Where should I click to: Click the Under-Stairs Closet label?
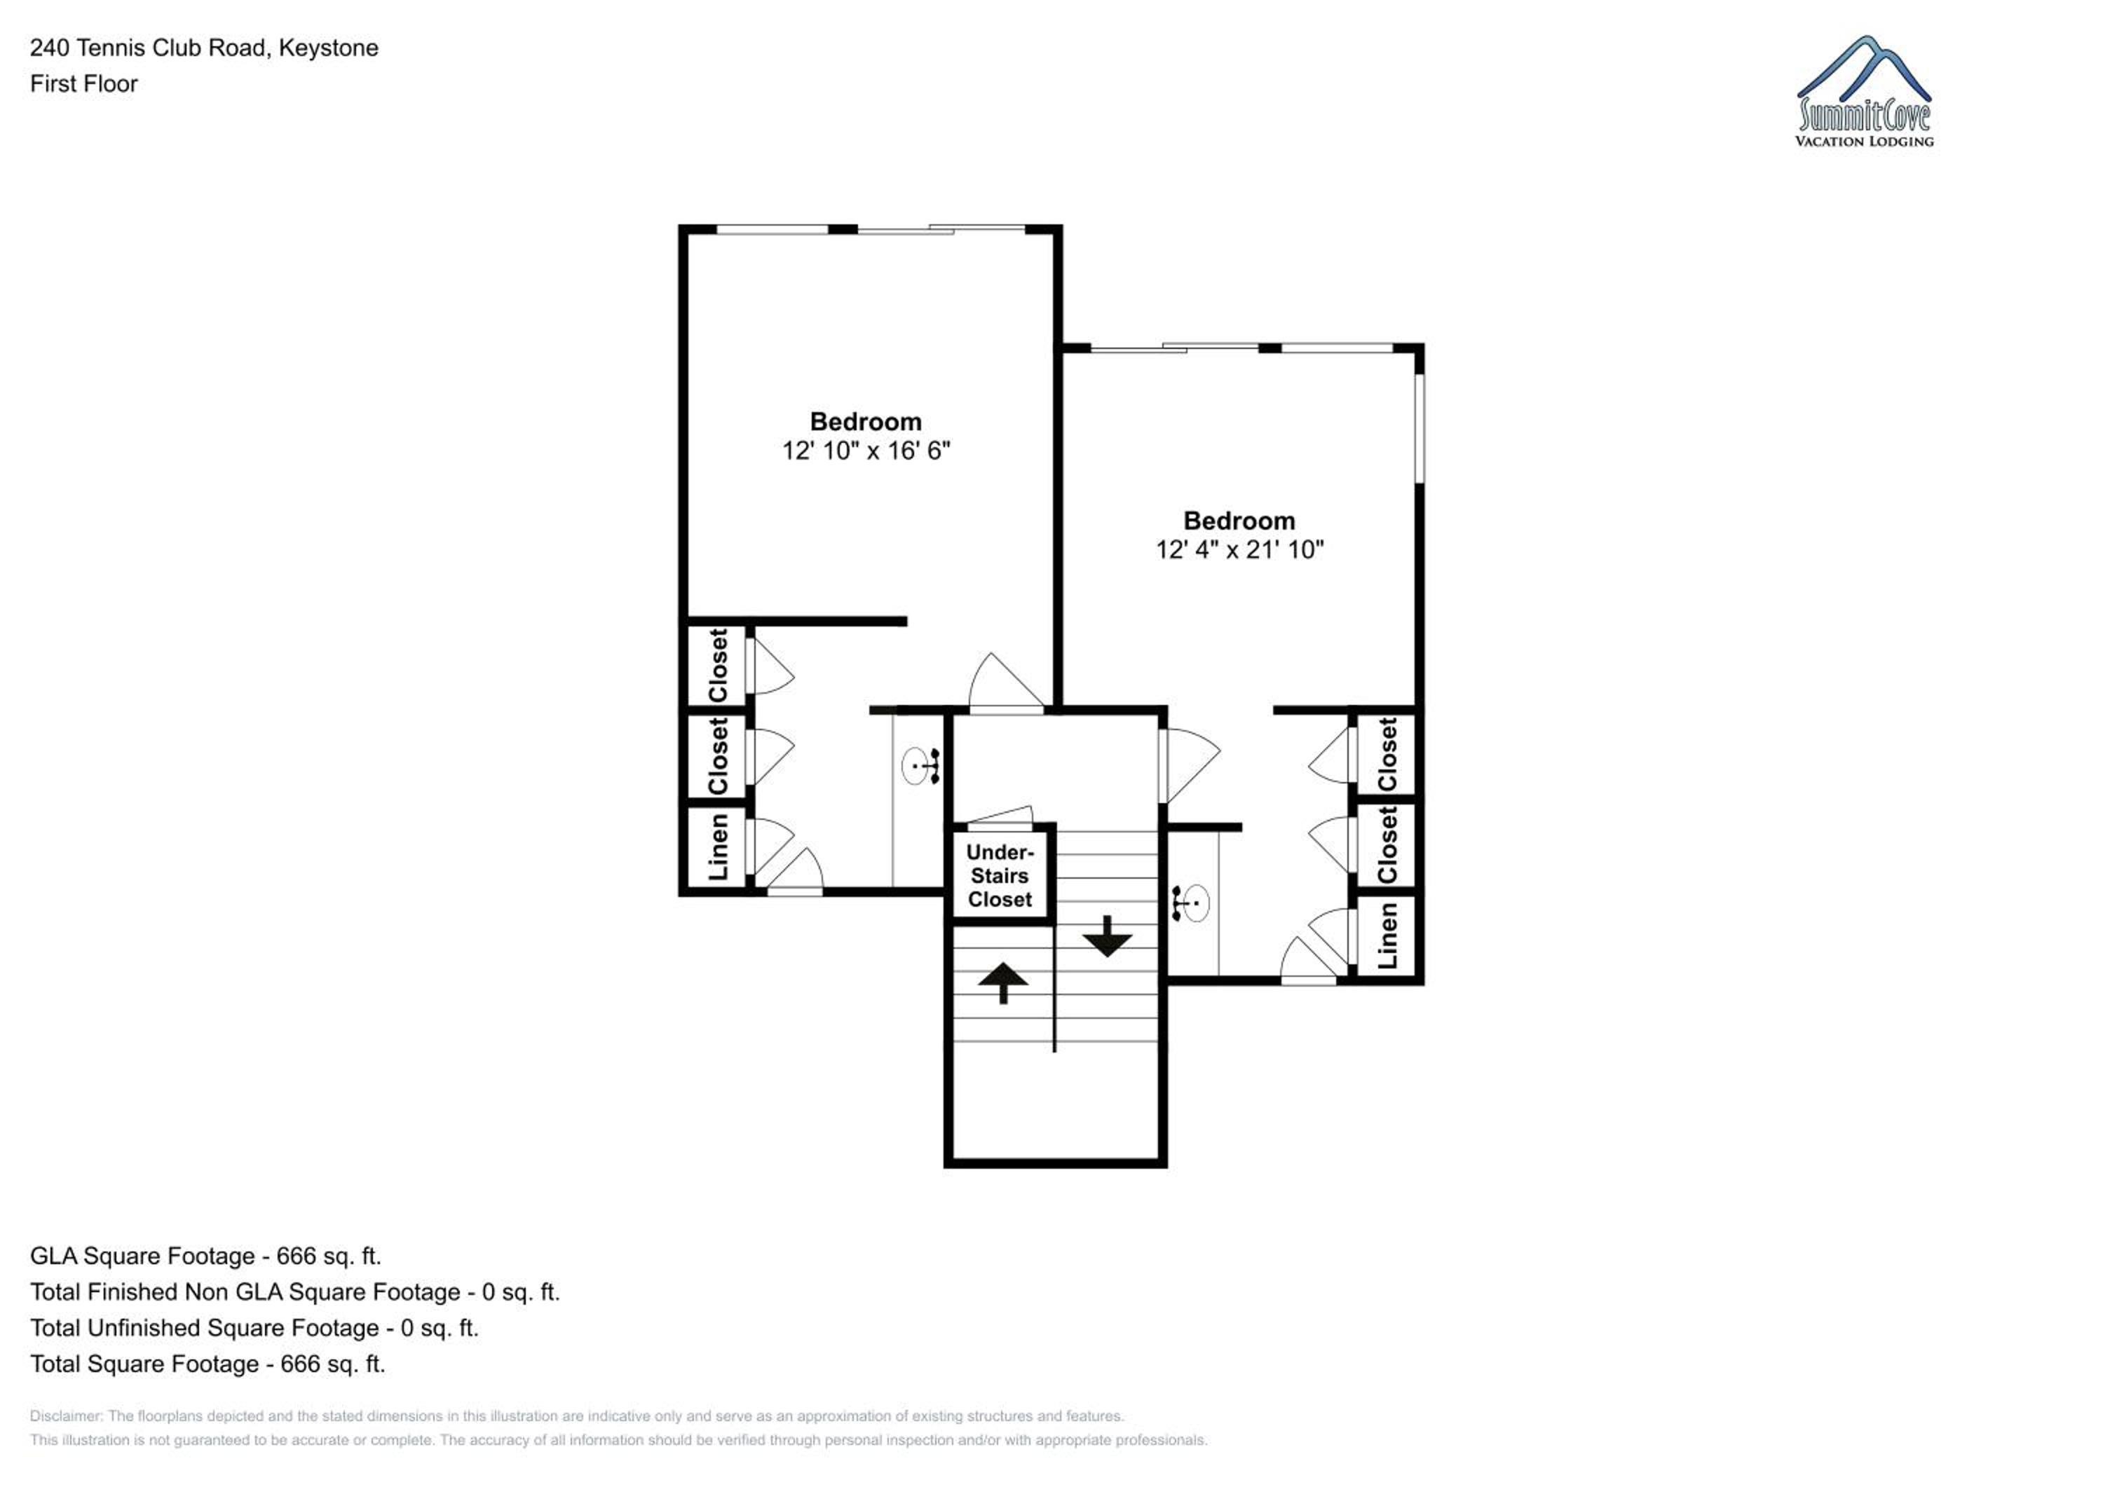[x=1000, y=875]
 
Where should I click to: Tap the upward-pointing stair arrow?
[x=1003, y=982]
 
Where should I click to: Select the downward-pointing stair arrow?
[x=1108, y=936]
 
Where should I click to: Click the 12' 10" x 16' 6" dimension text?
[x=866, y=451]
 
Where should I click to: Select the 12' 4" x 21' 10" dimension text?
[x=1239, y=549]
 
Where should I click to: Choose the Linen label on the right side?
[x=1388, y=935]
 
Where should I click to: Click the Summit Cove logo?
[x=1864, y=92]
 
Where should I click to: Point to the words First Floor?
[x=83, y=83]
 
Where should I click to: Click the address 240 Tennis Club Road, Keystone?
[x=204, y=48]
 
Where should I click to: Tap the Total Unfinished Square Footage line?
[x=254, y=1328]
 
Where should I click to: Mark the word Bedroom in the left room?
[x=866, y=421]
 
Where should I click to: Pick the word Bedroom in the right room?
[x=1239, y=520]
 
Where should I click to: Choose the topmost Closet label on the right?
[x=1388, y=755]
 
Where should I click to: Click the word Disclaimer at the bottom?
[x=67, y=1416]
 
